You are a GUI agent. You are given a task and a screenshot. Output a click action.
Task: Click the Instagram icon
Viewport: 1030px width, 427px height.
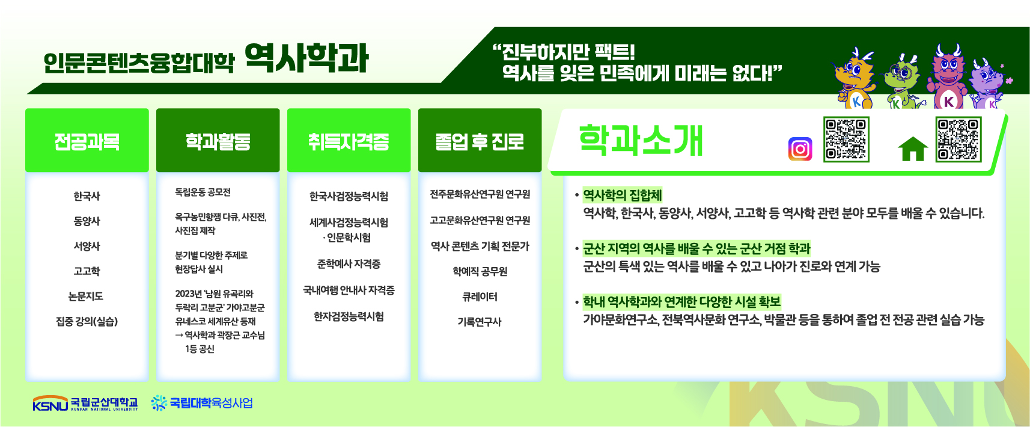pyautogui.click(x=800, y=149)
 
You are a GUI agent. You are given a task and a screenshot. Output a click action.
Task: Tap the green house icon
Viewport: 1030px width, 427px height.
pyautogui.click(x=913, y=149)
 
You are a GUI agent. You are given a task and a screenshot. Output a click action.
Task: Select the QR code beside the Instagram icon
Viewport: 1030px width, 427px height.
pyautogui.click(x=846, y=140)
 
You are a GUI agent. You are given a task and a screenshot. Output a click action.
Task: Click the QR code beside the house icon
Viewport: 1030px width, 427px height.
pyautogui.click(x=958, y=140)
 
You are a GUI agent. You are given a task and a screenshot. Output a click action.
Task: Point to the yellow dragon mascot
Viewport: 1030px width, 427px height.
pyautogui.click(x=855, y=78)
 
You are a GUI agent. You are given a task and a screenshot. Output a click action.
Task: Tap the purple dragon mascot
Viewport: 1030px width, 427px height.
pyautogui.click(x=988, y=85)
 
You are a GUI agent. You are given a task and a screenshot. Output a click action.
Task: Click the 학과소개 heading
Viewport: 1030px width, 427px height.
pyautogui.click(x=641, y=140)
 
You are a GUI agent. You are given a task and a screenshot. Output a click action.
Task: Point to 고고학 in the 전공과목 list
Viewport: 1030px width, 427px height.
pyautogui.click(x=87, y=271)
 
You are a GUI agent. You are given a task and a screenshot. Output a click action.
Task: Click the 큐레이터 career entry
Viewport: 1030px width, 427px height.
pyautogui.click(x=480, y=296)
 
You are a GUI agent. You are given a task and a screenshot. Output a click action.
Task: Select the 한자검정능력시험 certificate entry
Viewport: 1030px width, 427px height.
pyautogui.click(x=349, y=316)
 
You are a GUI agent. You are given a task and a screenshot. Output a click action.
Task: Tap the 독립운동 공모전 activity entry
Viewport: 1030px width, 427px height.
pyautogui.click(x=203, y=192)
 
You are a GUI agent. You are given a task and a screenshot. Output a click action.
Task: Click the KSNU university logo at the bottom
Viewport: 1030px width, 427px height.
pyautogui.click(x=85, y=403)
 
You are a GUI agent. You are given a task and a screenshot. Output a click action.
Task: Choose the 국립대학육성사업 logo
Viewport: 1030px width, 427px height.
pyautogui.click(x=202, y=403)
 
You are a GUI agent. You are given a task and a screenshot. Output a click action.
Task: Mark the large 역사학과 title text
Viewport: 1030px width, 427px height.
pyautogui.click(x=306, y=58)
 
